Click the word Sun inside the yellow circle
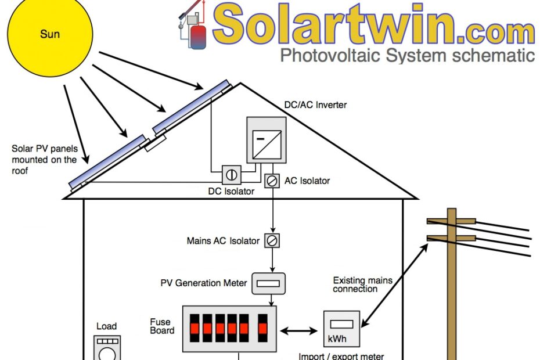50,34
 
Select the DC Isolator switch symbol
231,174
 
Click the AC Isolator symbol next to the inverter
271,181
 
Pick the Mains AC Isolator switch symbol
271,240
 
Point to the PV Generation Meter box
269,283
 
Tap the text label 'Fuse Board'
161,326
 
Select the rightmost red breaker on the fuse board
263,329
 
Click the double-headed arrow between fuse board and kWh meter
299,331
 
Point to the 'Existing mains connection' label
362,285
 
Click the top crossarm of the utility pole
451,221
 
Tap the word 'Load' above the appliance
107,326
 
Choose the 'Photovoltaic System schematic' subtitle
407,56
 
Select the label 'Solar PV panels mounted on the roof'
44,160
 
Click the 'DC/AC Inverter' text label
315,105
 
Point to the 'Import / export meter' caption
341,356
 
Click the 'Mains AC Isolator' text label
223,240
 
